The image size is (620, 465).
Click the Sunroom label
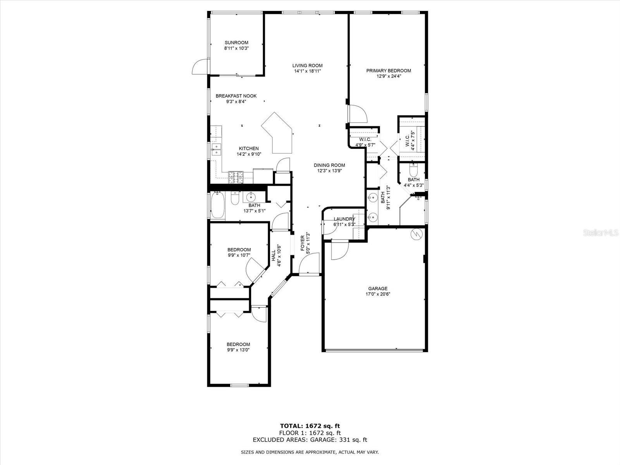point(236,43)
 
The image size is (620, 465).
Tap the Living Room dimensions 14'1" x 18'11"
point(307,71)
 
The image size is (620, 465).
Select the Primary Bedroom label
point(389,71)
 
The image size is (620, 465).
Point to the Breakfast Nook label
point(236,96)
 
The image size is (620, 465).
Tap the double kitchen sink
point(216,149)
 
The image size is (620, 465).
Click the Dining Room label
point(329,165)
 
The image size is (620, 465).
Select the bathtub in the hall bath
point(218,205)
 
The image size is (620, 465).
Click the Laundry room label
point(344,219)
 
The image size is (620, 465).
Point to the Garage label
point(378,289)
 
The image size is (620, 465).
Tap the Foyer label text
point(303,243)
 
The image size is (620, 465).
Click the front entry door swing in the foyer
point(309,263)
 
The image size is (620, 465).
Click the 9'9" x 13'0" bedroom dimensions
point(238,350)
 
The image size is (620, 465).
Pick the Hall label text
point(274,255)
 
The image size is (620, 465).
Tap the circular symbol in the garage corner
point(417,234)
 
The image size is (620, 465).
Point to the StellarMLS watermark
point(601,232)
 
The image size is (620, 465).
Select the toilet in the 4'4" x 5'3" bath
point(413,170)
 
